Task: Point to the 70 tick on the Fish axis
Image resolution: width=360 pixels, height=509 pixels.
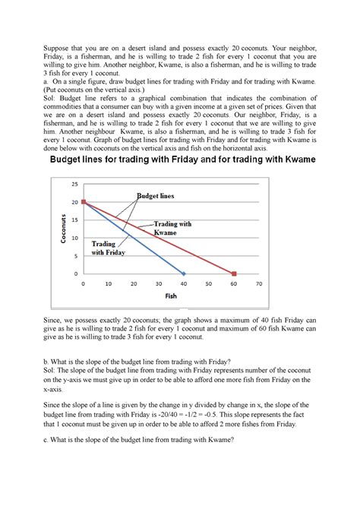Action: (x=259, y=284)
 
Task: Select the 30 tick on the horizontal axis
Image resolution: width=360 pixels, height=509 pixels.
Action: (x=159, y=284)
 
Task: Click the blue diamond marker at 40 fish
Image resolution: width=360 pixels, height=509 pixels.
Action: (x=184, y=273)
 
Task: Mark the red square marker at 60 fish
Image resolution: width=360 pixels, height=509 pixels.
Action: (x=234, y=273)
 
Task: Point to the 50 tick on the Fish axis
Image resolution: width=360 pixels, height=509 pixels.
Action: (x=209, y=284)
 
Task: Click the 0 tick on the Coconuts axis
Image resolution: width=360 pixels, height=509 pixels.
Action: (x=76, y=273)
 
